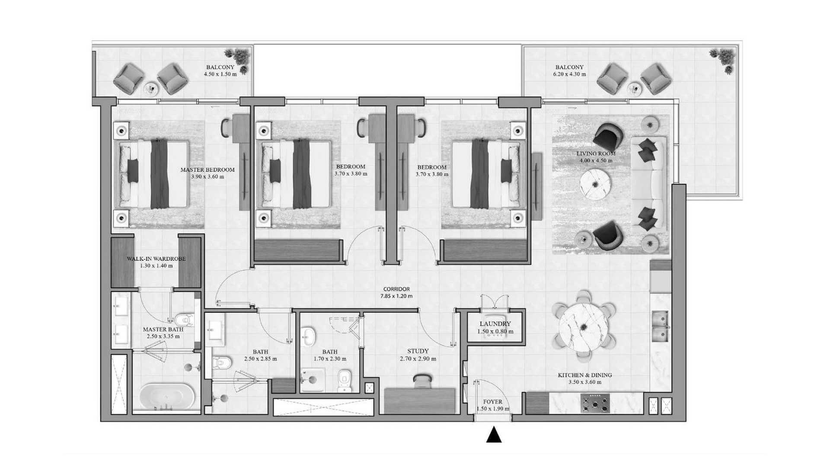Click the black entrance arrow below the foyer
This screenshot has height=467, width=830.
tap(494, 435)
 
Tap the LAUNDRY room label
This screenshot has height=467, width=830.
tap(495, 324)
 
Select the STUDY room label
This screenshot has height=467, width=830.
tap(418, 351)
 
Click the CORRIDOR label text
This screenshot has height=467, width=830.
tap(396, 289)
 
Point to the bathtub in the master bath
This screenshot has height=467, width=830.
tap(166, 397)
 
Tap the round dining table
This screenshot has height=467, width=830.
tap(584, 325)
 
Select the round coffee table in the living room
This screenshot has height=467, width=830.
tap(595, 184)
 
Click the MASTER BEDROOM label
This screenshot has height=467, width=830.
tap(207, 170)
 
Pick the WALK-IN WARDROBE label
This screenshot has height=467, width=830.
tap(156, 259)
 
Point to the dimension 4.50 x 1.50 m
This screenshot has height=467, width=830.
tap(220, 74)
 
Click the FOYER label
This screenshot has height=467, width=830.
tap(492, 402)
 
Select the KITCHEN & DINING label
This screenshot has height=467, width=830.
tap(585, 375)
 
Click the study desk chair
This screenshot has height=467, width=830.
tap(421, 381)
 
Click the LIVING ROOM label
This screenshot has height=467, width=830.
tap(596, 154)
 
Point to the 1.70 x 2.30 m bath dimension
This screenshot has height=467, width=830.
tap(330, 359)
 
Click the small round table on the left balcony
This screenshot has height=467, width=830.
tap(151, 88)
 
